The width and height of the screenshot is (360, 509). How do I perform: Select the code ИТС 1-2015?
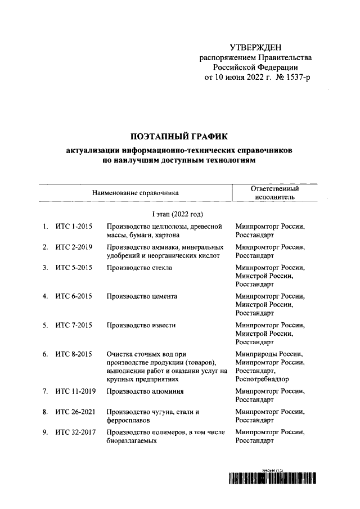(x=74, y=227)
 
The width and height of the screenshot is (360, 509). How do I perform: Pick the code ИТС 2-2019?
(x=74, y=247)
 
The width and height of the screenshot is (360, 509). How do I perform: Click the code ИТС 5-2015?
(x=74, y=267)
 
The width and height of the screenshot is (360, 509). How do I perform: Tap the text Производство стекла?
(x=139, y=267)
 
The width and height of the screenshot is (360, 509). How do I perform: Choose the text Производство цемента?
(x=142, y=296)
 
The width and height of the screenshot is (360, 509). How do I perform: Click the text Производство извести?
(x=141, y=325)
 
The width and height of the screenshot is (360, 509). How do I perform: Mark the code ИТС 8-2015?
(x=74, y=354)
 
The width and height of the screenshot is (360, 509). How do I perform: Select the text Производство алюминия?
(x=146, y=391)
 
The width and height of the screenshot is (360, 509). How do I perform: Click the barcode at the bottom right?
(x=271, y=479)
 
